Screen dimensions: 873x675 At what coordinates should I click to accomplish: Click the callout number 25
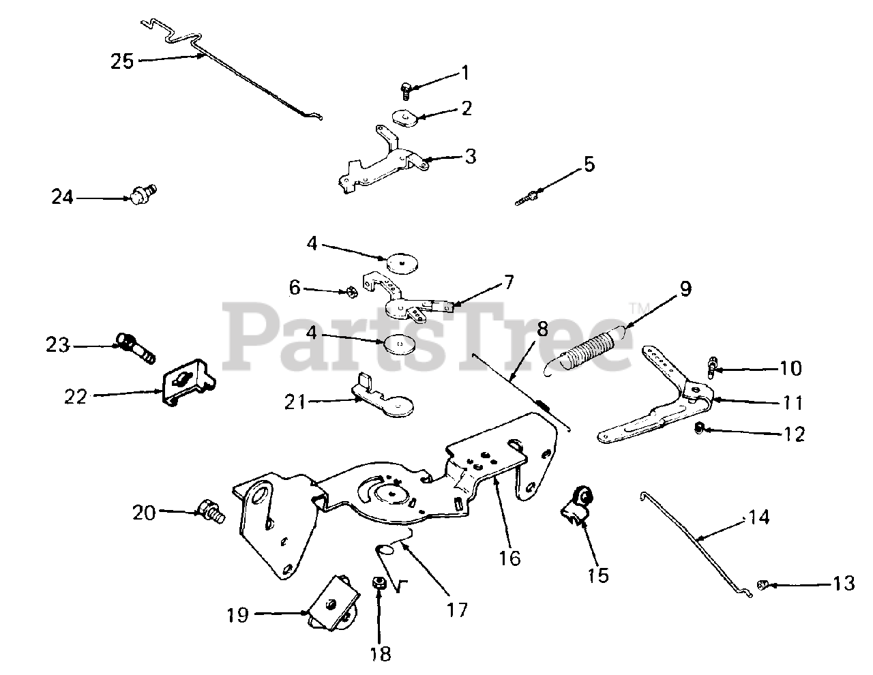tap(123, 61)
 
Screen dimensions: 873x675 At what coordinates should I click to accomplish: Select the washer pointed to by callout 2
tap(406, 117)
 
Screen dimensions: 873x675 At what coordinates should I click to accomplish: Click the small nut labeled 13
tap(763, 584)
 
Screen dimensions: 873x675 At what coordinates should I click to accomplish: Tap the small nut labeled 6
tap(348, 292)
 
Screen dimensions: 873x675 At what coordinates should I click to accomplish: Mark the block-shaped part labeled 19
tap(334, 601)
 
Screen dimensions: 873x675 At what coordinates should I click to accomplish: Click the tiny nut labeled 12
tap(698, 428)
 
